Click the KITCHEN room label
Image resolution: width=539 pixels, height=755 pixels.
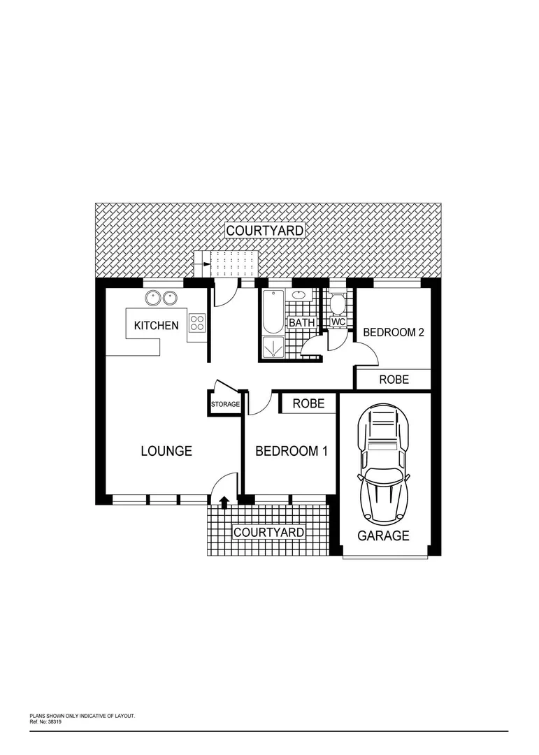(156, 325)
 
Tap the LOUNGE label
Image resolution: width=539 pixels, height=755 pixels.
(166, 451)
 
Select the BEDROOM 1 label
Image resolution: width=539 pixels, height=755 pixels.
(292, 451)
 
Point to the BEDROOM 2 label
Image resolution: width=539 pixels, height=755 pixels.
(394, 332)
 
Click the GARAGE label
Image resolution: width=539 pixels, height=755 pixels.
(383, 536)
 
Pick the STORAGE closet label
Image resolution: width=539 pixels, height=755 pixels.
(226, 405)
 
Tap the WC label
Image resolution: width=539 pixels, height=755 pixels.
(338, 322)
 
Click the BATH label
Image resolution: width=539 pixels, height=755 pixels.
(302, 323)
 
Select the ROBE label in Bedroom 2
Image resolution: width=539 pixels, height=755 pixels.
(394, 380)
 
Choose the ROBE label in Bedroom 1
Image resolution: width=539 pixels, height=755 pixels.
(308, 403)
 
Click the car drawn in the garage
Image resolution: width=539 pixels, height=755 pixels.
(382, 465)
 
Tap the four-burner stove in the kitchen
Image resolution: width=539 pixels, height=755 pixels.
(197, 323)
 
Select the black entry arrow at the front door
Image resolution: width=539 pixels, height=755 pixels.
(224, 501)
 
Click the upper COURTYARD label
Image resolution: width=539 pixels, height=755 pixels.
(264, 230)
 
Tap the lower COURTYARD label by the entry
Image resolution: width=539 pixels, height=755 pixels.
(268, 532)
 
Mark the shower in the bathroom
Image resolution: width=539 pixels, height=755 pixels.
(273, 347)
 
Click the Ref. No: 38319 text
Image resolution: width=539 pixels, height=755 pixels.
(46, 719)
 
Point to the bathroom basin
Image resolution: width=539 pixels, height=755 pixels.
(299, 294)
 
